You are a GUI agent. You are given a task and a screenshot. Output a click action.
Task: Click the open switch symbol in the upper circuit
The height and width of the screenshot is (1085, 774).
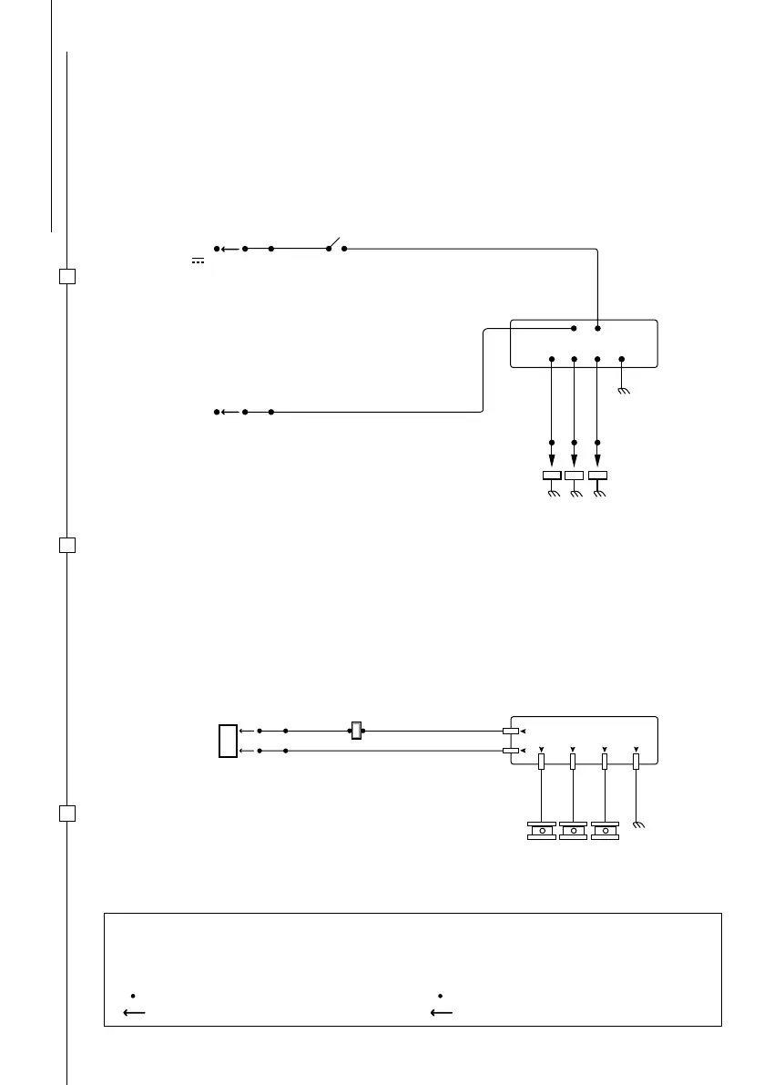335,245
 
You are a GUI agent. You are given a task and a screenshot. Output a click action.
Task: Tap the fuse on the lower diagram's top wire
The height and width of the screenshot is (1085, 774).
357,731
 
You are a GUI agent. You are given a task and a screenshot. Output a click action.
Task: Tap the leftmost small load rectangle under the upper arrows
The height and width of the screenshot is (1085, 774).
552,476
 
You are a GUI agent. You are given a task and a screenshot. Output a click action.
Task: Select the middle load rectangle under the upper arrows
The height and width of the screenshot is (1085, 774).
575,476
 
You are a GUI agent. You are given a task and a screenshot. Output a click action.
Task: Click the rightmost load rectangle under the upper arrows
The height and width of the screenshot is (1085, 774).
597,476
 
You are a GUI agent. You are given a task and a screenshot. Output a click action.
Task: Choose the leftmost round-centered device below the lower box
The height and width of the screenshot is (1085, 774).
542,831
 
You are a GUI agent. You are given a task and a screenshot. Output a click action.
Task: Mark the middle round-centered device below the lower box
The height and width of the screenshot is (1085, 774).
573,831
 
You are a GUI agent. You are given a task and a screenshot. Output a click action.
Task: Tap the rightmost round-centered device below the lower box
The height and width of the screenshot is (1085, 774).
605,831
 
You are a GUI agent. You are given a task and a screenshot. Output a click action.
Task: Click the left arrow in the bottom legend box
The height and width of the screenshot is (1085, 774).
135,1010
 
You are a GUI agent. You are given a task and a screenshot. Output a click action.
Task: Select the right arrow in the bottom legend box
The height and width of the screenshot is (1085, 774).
442,1010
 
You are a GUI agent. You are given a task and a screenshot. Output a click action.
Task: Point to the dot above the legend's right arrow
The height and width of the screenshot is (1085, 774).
440,994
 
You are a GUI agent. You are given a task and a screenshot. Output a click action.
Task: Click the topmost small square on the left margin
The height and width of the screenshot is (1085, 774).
66,276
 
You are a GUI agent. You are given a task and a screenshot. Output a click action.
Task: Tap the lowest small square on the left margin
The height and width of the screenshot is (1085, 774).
66,813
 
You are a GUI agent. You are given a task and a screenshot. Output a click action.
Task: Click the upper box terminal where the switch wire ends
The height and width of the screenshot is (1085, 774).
597,328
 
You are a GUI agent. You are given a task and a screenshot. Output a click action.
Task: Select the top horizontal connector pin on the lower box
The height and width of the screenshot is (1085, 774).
511,731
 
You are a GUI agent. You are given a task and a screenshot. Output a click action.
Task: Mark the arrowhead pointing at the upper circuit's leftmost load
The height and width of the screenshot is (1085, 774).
552,460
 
